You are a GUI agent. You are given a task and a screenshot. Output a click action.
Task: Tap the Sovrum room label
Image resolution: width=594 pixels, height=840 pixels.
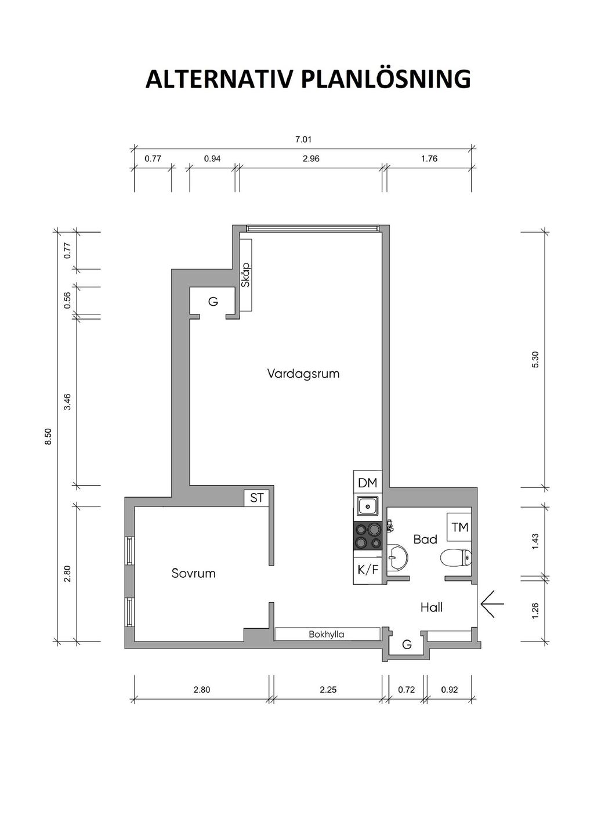coord(194,573)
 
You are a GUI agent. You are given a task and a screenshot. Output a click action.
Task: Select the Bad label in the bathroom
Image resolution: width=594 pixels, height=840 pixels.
coord(425,540)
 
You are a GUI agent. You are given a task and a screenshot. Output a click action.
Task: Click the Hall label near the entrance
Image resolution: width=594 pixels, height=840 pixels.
coord(431,607)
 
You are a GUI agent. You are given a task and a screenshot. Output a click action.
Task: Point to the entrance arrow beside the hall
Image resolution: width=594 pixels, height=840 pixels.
coord(492,603)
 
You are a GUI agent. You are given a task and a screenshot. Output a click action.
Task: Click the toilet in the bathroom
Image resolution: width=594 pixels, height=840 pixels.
coord(455,558)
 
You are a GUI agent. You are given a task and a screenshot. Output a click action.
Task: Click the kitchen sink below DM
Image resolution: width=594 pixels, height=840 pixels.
coord(368,506)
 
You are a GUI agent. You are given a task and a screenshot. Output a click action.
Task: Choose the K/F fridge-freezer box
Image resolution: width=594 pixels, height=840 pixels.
coord(368,570)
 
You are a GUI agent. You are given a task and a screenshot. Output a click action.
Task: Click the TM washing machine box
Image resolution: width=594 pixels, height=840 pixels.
coord(459,527)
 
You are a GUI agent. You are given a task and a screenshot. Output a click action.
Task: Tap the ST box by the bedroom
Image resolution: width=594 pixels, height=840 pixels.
coord(257,498)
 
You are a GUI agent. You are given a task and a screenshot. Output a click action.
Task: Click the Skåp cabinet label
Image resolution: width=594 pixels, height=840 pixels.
coord(245,275)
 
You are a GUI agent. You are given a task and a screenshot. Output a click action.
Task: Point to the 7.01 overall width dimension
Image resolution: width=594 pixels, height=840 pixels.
coord(303,139)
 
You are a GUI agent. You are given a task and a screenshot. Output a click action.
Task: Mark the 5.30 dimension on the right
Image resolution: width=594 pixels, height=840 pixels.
coord(535,359)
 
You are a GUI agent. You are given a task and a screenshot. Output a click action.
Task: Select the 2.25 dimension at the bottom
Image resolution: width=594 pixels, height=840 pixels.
coord(328,690)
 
